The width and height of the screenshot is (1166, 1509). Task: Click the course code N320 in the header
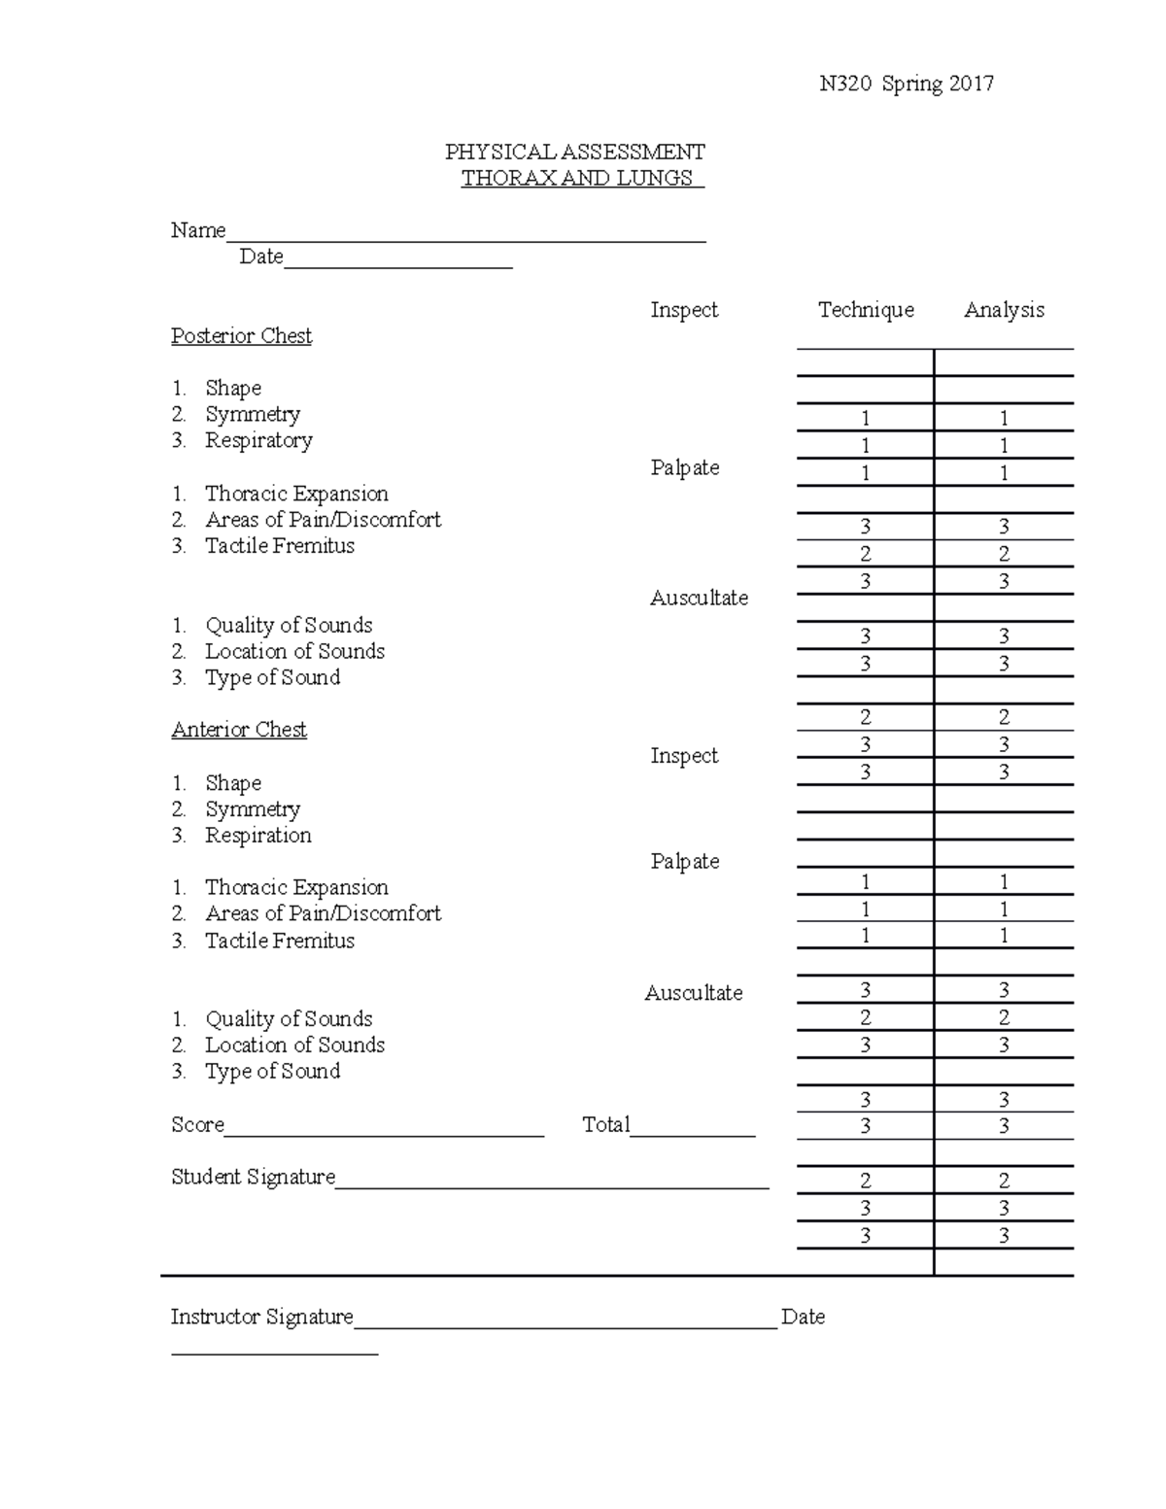[845, 84]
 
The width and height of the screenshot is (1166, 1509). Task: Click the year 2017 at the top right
[972, 84]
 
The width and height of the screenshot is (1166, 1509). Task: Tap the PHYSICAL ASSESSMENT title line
[575, 152]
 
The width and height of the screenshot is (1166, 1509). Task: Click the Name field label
[198, 230]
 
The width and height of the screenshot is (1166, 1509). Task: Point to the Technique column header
[866, 310]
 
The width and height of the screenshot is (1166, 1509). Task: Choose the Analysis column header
[1004, 310]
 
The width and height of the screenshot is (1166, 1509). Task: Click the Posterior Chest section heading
[241, 336]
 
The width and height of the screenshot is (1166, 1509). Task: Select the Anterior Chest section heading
[239, 730]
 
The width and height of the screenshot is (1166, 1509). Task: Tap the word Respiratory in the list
[258, 440]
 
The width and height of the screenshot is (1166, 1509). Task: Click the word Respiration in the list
[258, 836]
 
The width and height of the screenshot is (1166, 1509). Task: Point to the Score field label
[197, 1125]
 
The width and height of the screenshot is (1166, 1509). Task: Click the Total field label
[606, 1125]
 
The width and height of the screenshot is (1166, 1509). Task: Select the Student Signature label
[253, 1178]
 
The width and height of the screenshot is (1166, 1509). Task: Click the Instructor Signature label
[262, 1318]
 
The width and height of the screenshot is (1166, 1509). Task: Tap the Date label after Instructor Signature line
[803, 1318]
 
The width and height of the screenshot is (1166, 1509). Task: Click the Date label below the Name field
[261, 257]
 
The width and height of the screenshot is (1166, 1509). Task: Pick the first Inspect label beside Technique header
[684, 310]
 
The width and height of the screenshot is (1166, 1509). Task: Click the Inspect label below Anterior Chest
[684, 756]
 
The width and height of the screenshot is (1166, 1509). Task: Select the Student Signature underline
[552, 1186]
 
